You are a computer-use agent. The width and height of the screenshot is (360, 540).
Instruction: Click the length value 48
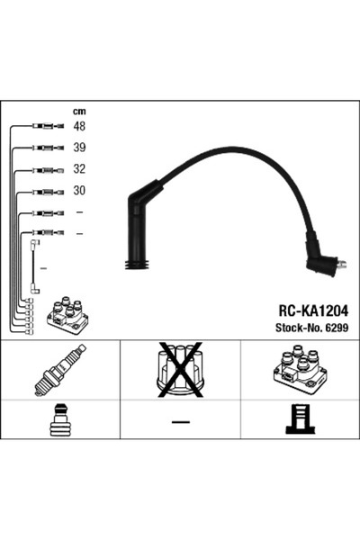coord(79,127)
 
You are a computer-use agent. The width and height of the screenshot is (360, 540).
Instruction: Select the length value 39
coord(79,148)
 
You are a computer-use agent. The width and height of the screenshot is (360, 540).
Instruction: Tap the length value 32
coord(79,169)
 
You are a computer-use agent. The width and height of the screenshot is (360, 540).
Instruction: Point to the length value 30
coord(79,191)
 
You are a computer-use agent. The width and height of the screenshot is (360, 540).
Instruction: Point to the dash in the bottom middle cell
coord(180,421)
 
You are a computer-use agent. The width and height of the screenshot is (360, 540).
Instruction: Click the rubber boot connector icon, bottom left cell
coord(59,420)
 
